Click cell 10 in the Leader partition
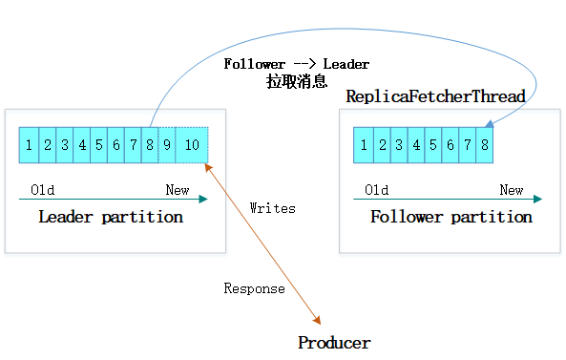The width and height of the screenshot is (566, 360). click(192, 145)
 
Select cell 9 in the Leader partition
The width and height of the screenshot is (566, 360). click(168, 145)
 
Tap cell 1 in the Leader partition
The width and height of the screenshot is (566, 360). click(29, 145)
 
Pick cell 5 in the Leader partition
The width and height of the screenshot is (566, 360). click(98, 145)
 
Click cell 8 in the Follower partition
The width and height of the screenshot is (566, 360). click(485, 145)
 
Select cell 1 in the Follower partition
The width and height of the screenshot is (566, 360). click(363, 145)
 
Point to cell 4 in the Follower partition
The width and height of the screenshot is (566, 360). click(415, 145)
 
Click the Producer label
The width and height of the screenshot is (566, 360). click(333, 343)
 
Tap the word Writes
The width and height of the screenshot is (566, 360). click(272, 207)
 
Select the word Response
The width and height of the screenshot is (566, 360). click(254, 288)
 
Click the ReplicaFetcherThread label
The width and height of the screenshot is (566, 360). click(435, 96)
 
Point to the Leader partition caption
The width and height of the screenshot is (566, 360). click(111, 217)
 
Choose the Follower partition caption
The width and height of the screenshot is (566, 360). click(451, 217)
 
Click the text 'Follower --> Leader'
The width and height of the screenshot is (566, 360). click(296, 64)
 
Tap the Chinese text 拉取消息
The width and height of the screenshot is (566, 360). click(296, 82)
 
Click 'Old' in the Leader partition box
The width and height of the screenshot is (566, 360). click(43, 190)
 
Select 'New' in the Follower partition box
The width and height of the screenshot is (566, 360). click(512, 190)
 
